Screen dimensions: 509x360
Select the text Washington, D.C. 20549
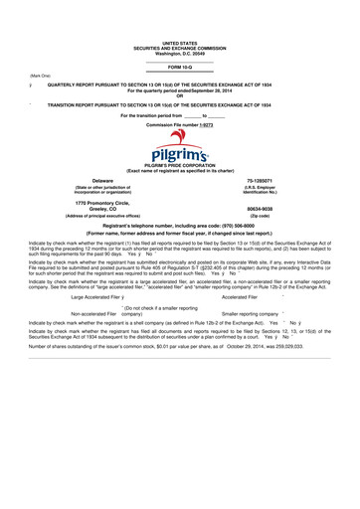click(179, 53)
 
